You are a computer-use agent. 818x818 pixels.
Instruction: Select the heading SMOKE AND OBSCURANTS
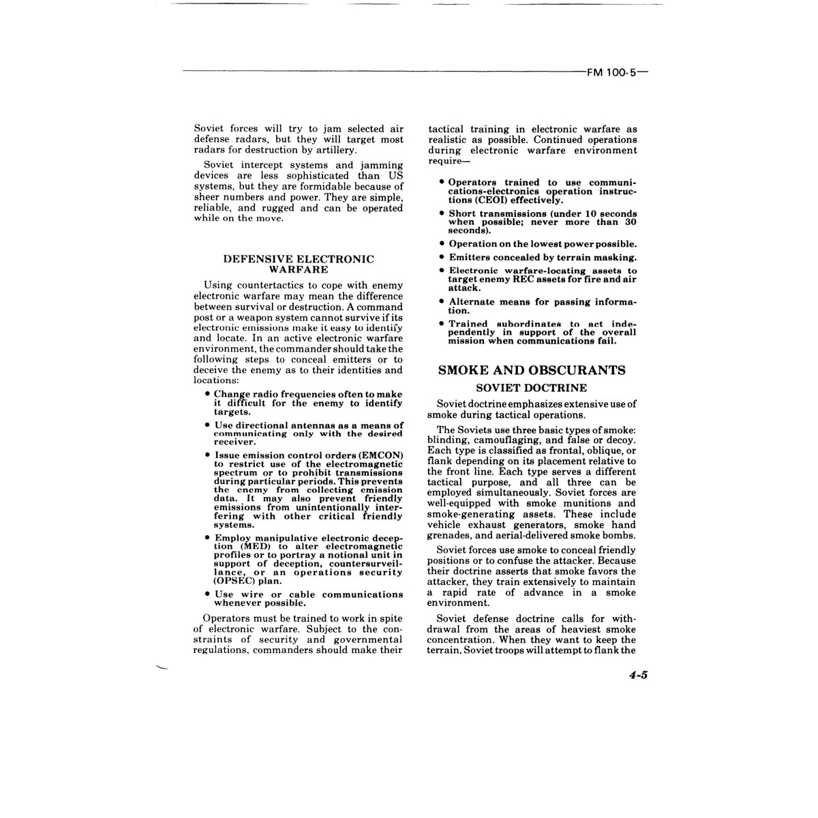coord(532,370)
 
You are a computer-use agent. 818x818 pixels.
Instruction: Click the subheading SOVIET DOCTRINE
coord(532,388)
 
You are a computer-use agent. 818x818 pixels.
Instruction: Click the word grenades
coord(450,536)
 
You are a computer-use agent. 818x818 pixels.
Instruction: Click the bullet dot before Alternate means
coord(442,301)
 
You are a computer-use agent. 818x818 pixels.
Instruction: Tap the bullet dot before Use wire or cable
coord(207,594)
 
